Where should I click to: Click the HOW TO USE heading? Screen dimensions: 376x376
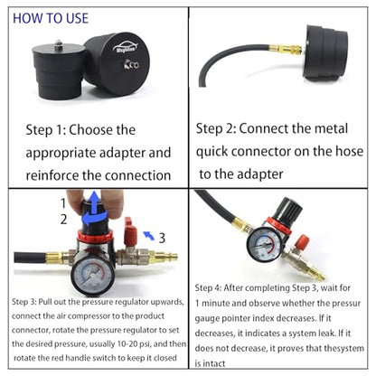click(51, 18)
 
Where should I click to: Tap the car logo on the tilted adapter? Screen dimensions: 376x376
click(125, 48)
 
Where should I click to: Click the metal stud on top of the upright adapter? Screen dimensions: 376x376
click(59, 43)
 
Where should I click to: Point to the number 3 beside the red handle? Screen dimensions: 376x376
click(162, 238)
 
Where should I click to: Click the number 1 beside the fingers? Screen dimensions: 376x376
click(63, 203)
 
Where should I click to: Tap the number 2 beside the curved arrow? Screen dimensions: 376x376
click(63, 220)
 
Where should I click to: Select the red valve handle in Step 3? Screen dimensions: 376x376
click(130, 231)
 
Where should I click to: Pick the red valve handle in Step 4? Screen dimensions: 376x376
click(302, 243)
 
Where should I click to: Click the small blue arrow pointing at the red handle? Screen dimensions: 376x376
click(148, 235)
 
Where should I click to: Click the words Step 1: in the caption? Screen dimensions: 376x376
click(45, 130)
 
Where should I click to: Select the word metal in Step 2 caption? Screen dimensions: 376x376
click(331, 128)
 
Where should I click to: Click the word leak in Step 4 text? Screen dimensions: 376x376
click(326, 334)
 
